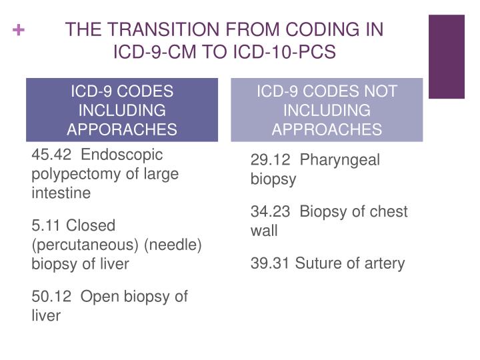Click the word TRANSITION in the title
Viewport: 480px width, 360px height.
coord(153,30)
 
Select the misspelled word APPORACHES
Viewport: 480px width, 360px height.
coord(123,129)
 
